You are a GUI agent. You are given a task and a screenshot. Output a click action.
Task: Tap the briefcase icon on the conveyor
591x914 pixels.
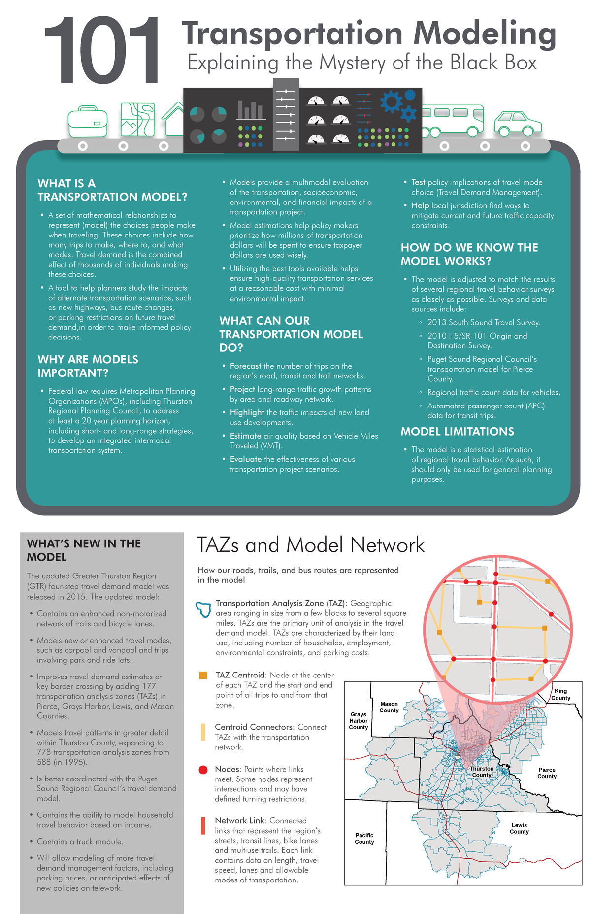click(88, 122)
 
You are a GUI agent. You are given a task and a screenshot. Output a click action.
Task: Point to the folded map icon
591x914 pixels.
click(138, 120)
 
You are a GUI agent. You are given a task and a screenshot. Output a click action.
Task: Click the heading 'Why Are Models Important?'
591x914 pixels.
click(88, 366)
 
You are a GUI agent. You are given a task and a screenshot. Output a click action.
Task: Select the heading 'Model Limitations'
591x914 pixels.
click(457, 432)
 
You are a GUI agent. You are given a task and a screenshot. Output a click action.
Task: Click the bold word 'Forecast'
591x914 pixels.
click(245, 366)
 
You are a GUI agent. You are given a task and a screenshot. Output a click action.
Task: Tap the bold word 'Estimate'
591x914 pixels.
click(245, 436)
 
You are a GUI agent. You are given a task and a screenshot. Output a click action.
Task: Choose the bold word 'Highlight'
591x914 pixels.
click(247, 412)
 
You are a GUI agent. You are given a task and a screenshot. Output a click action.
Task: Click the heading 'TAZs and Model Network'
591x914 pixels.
click(310, 545)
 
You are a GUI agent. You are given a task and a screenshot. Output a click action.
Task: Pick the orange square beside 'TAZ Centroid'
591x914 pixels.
click(203, 675)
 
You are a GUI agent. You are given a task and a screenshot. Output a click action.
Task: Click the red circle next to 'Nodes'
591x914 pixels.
click(203, 770)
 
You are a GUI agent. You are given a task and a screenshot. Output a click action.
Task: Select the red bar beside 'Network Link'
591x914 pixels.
click(203, 826)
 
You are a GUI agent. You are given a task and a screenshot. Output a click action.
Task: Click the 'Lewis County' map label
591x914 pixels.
click(519, 828)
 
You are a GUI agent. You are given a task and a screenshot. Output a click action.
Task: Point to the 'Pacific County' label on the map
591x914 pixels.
click(364, 838)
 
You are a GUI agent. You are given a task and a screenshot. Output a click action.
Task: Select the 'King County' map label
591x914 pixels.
click(560, 694)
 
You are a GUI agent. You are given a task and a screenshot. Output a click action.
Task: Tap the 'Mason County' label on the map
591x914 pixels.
click(389, 707)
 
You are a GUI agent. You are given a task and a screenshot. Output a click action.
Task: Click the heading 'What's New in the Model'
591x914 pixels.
click(84, 550)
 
